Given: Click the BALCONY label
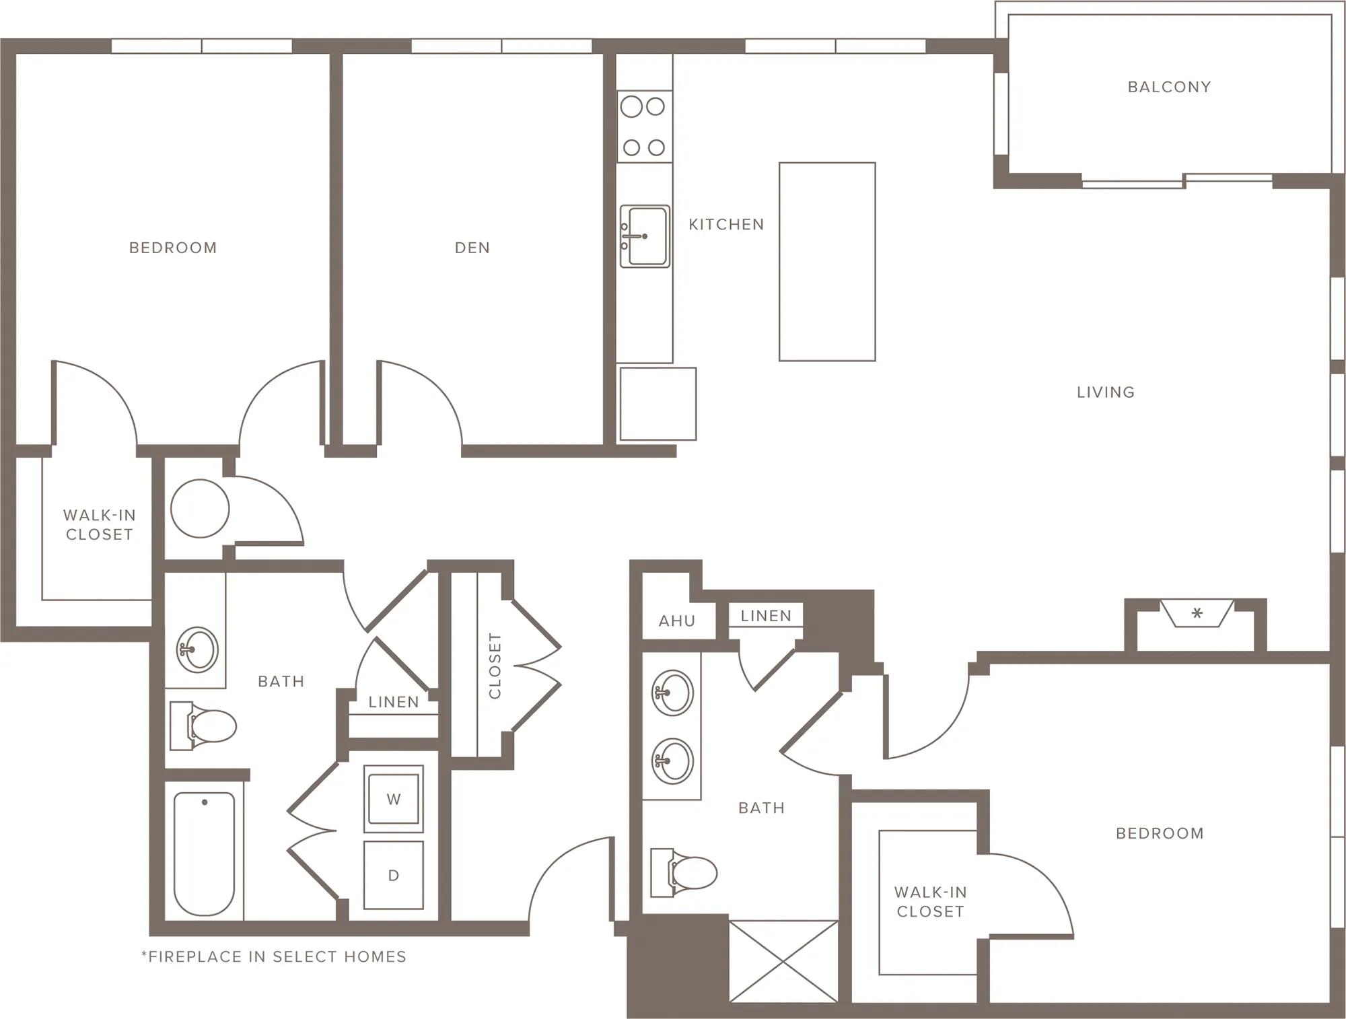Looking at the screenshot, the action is point(1169,87).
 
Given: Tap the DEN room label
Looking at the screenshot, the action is point(472,248).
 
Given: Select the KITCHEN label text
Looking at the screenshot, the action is point(726,224).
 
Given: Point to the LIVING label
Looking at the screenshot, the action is point(1106,392).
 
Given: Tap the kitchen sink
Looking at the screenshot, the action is point(645,236).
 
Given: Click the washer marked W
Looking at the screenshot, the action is point(394,799).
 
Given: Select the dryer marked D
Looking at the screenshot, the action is point(394,875).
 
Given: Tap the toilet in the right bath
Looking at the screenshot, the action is point(684,872).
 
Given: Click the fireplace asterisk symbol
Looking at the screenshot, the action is point(1197,613).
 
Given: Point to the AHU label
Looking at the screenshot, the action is point(677,621).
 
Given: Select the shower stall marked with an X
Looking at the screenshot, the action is point(784,961).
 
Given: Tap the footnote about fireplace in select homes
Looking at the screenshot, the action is point(274,956).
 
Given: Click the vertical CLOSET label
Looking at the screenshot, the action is point(495,666).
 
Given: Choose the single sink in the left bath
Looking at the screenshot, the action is point(197,649).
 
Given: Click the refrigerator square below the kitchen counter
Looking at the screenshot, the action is point(658,404).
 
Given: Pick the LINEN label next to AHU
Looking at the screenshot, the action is point(766,615).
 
